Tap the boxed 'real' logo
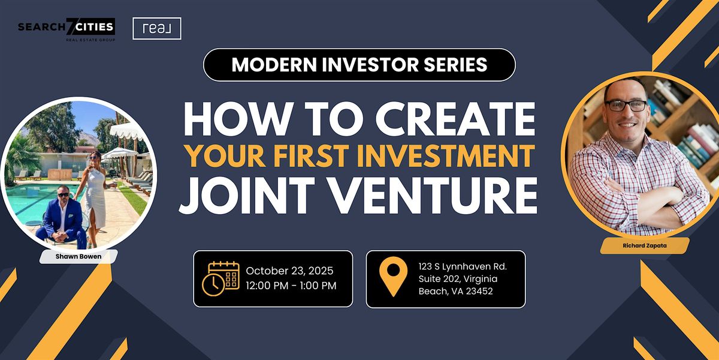pos(157,29)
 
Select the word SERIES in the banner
pos(455,64)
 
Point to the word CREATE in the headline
pos(455,119)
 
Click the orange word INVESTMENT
pos(446,155)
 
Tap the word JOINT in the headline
pos(246,196)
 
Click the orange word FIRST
pos(311,155)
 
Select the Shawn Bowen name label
pos(78,257)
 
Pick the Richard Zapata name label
pos(645,245)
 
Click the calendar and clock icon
pos(221,278)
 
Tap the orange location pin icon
pos(393,277)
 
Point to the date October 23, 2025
pos(289,271)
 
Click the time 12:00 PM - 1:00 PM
pos(291,286)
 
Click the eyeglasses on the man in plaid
pos(626,106)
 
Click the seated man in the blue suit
pos(62,218)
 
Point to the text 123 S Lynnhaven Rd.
pos(463,266)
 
